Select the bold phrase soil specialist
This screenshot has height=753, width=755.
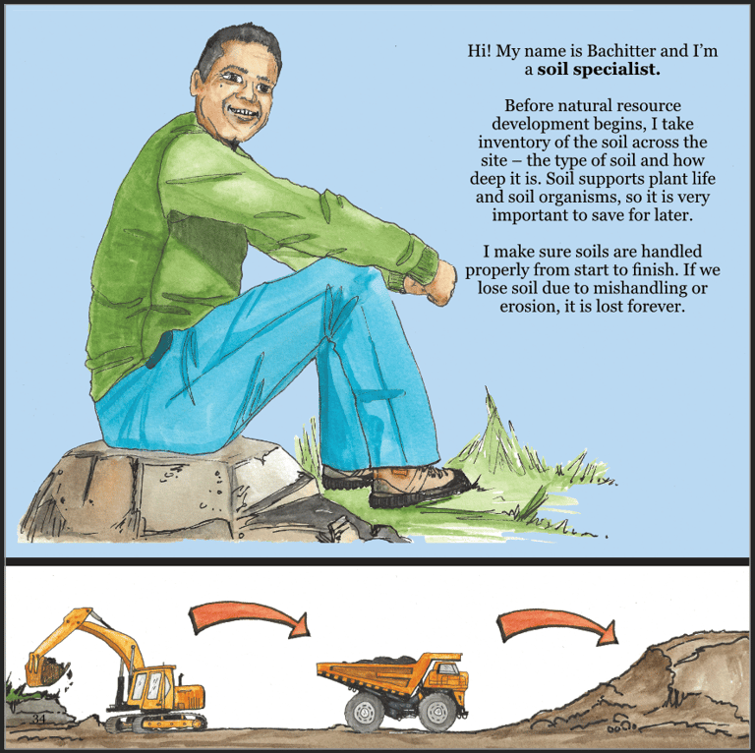tap(599, 70)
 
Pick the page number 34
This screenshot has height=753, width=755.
tap(38, 720)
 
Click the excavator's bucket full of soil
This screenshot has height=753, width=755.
tap(47, 669)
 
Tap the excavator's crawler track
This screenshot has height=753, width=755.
tap(156, 723)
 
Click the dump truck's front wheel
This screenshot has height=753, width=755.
tap(437, 712)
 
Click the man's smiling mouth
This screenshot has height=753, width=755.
tap(244, 113)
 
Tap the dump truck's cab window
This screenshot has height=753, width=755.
tap(447, 668)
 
